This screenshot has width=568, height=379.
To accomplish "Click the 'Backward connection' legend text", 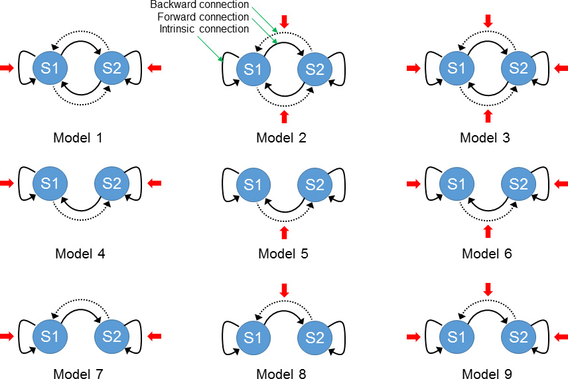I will point(194,5).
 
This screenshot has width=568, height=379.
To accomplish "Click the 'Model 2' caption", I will point(281,138).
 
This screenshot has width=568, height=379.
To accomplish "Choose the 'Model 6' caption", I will point(487,253).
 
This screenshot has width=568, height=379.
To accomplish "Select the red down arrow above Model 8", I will point(285,290).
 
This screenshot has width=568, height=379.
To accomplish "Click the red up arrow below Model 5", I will point(285,232).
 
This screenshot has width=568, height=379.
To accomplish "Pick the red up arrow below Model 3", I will point(488,116).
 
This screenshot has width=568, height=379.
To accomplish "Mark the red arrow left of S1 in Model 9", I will point(413,337).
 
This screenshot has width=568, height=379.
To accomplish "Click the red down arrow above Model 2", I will point(285,21).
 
